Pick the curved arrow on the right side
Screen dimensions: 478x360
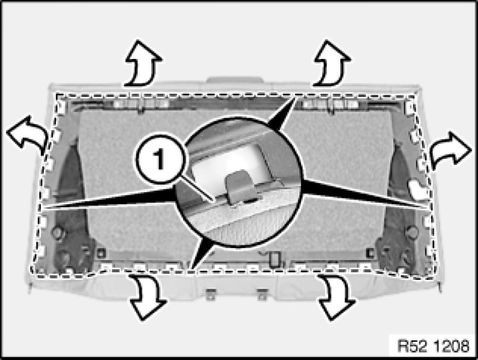[x=450, y=150]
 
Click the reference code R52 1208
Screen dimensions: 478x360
[x=432, y=346]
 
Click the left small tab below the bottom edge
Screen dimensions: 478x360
[x=210, y=293]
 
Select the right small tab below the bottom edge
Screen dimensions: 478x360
[x=263, y=293]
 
